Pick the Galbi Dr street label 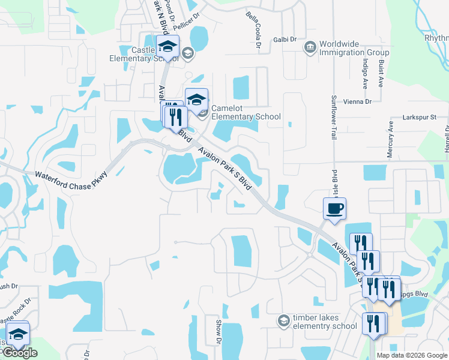tap(285, 39)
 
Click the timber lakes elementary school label tap(324, 322)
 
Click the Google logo tap(20, 353)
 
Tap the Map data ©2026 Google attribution tap(411, 355)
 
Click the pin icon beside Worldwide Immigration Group tap(310, 47)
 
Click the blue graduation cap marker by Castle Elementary tap(167, 46)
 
